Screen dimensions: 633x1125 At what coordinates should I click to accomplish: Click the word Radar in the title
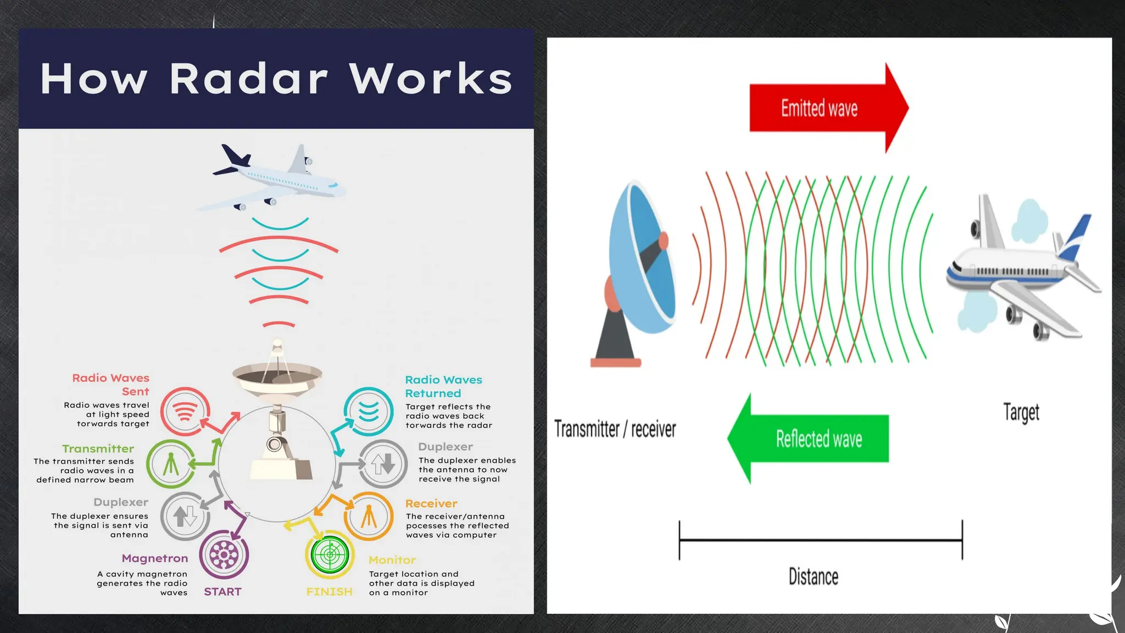tap(248, 79)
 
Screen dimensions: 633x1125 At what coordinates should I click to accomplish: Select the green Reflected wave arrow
tap(818, 438)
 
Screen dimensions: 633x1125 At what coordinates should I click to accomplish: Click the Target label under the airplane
tap(1021, 412)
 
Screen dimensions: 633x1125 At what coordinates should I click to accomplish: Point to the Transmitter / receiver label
tap(615, 429)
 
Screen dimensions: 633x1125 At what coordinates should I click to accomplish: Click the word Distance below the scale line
tap(813, 576)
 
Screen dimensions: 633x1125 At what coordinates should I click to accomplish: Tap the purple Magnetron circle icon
tap(224, 555)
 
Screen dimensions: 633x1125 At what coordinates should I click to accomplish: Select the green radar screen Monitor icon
tap(330, 554)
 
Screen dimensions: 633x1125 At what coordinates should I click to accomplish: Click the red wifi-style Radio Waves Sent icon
tap(185, 411)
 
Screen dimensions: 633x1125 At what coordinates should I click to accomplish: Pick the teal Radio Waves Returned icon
tap(369, 411)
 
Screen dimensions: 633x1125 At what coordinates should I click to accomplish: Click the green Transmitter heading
tap(98, 448)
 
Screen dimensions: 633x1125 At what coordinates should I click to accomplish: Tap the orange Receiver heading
tap(431, 503)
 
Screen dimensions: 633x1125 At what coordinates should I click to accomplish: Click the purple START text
tap(222, 592)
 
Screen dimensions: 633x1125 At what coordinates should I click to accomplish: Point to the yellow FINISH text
tap(329, 592)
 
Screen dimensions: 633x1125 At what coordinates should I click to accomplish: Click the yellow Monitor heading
tap(392, 560)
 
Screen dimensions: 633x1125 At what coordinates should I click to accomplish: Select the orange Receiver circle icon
tap(369, 517)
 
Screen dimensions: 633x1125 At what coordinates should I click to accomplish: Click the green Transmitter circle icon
tap(171, 464)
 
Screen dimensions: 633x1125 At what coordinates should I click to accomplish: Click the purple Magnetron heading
tap(154, 558)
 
